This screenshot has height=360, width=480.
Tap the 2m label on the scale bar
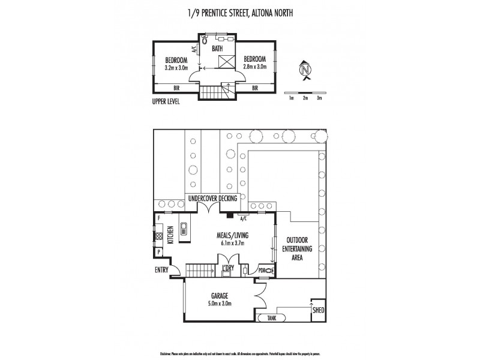pos(306,97)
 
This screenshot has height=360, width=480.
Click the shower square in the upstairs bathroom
pos(226,61)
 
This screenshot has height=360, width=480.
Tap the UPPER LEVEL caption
pos(166,101)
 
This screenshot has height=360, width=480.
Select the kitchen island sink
pos(185,229)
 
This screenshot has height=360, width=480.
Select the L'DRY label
pos(227,267)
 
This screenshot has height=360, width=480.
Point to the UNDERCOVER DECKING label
pos(213,197)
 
